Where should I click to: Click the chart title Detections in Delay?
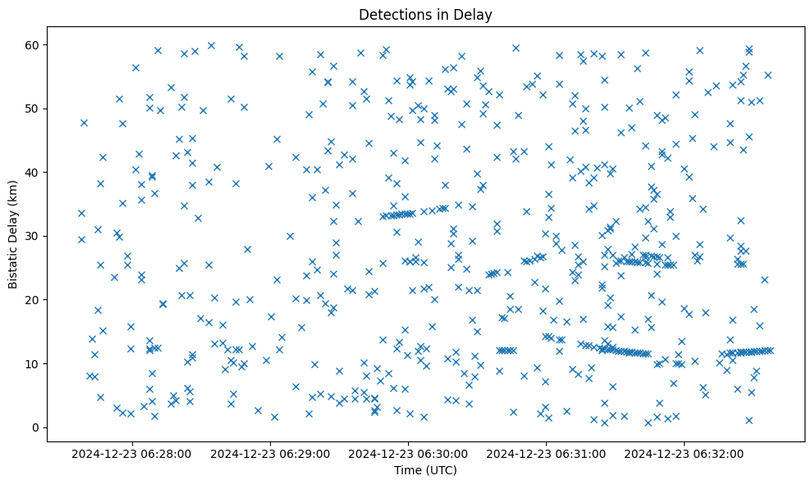(425, 14)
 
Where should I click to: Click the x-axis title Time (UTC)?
(425, 470)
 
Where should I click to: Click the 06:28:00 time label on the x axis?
(131, 453)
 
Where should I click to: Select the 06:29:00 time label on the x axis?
(269, 453)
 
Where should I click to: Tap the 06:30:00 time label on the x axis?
(408, 453)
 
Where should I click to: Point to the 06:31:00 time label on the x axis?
(546, 453)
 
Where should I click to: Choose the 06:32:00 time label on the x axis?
(684, 453)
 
